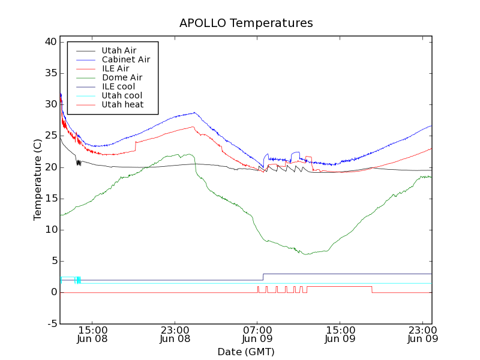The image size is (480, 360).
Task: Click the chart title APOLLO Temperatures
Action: pos(246,23)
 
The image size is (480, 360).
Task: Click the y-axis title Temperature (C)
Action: pos(38,180)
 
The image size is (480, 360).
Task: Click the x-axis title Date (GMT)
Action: pos(246,352)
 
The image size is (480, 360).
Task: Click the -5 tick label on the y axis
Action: pos(52,323)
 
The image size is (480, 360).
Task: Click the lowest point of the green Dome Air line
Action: pos(307,254)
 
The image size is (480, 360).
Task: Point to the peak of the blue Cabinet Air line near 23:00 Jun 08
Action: pos(194,112)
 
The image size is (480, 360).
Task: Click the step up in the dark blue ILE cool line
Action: pos(263,277)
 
